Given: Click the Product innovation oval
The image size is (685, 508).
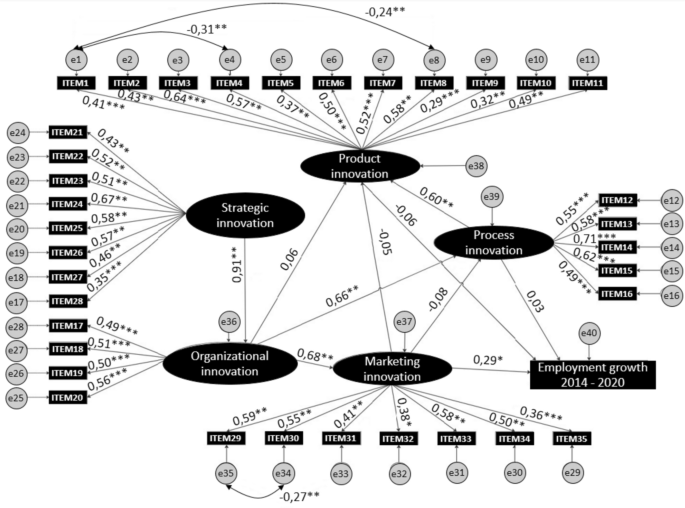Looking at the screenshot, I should (x=362, y=167).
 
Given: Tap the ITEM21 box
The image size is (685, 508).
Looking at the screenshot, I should (x=66, y=132).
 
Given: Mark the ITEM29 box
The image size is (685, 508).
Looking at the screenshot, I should (x=227, y=438).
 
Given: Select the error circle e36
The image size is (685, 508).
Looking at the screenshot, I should (x=230, y=321).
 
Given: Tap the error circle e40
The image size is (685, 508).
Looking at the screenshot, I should (x=589, y=332).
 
